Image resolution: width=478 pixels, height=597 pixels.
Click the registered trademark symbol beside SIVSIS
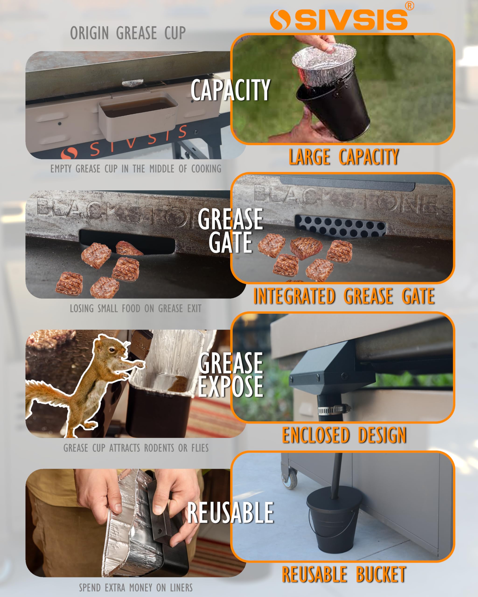coord(409,6)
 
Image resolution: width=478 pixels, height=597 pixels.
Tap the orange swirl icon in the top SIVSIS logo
coord(280,20)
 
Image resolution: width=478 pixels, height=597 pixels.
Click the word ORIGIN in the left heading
coord(89,33)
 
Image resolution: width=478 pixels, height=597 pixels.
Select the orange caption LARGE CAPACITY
coord(344,157)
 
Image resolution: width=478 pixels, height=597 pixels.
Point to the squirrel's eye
coord(111,350)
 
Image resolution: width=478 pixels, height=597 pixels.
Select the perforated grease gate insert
coord(340,226)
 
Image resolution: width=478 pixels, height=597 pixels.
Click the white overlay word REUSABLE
coord(230,513)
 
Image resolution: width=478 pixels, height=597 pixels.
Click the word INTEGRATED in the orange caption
coord(294,296)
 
